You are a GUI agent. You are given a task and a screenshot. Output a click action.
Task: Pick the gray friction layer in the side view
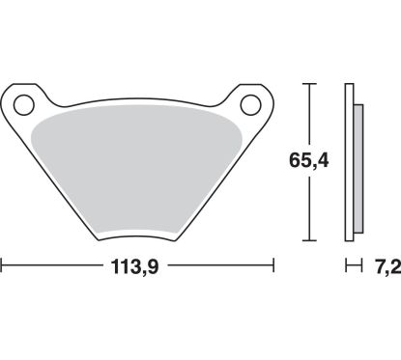pos(358,164)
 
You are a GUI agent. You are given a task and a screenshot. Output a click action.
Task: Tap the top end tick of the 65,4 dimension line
pos(309,85)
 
